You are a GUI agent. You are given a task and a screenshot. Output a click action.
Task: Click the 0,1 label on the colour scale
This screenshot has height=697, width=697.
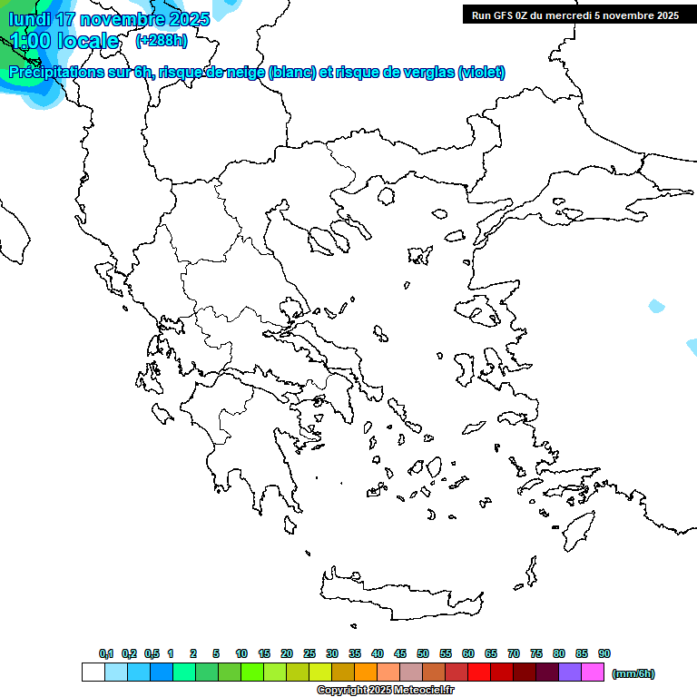coord(106,653)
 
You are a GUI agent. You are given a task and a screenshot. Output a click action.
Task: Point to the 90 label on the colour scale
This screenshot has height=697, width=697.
coord(604,653)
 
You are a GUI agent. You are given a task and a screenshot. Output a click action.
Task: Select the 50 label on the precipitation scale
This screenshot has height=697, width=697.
coord(423,653)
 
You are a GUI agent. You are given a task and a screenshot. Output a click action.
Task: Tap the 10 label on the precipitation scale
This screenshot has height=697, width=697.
coord(241,653)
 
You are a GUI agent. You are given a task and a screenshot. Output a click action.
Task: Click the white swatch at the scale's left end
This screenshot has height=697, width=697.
coord(93,672)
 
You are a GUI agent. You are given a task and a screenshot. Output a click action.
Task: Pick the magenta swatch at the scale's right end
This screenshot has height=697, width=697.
coord(593,672)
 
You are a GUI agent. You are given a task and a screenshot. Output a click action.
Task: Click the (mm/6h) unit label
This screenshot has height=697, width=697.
coord(633,673)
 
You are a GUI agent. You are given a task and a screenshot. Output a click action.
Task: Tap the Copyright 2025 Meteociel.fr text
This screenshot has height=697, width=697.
coord(386,691)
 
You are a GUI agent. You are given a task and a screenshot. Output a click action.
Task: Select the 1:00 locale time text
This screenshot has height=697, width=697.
coord(64,41)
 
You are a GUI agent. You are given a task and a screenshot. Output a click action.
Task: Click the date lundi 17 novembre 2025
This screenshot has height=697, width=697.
coord(109,19)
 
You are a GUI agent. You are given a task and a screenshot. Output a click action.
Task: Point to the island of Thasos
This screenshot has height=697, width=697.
coord(386,195)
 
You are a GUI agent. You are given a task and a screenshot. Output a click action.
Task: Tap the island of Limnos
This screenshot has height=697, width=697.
coord(419,255)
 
